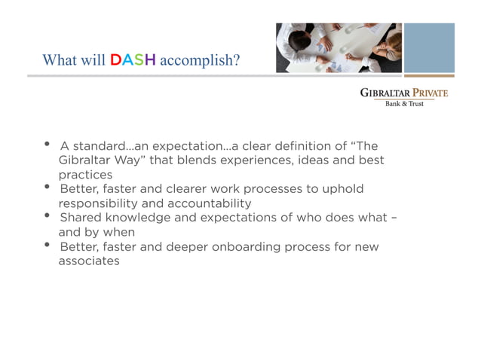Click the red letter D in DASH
[x=116, y=59]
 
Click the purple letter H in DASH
[x=150, y=59]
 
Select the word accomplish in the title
[x=200, y=60]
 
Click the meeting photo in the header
[x=338, y=47]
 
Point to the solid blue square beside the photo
[x=429, y=47]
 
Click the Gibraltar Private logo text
[x=403, y=93]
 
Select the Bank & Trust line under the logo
[x=404, y=103]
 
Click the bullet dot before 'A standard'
[x=47, y=144]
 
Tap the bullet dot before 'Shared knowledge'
[x=47, y=215]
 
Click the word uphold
[x=343, y=189]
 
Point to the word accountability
[x=212, y=203]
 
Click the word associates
[x=89, y=261]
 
